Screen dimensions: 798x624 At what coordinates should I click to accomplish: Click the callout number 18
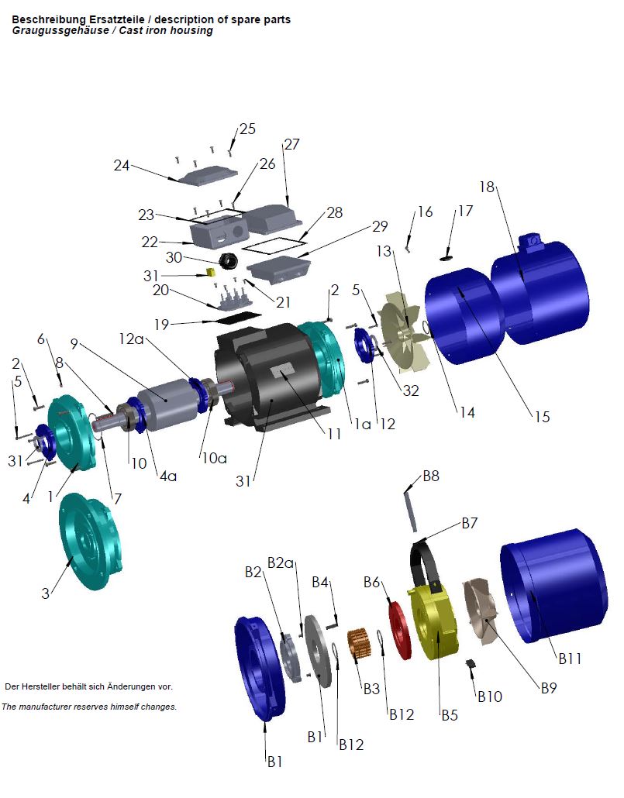click(x=486, y=187)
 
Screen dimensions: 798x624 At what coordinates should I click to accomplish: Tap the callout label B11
click(x=569, y=659)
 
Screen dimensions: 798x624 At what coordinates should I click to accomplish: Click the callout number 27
click(x=291, y=145)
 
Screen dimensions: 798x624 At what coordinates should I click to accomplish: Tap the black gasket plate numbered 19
click(x=238, y=318)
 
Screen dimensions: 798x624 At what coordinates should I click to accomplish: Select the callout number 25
click(x=247, y=129)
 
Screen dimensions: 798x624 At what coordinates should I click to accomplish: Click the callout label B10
click(x=489, y=697)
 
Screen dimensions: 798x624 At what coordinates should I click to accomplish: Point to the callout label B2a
click(x=281, y=562)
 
